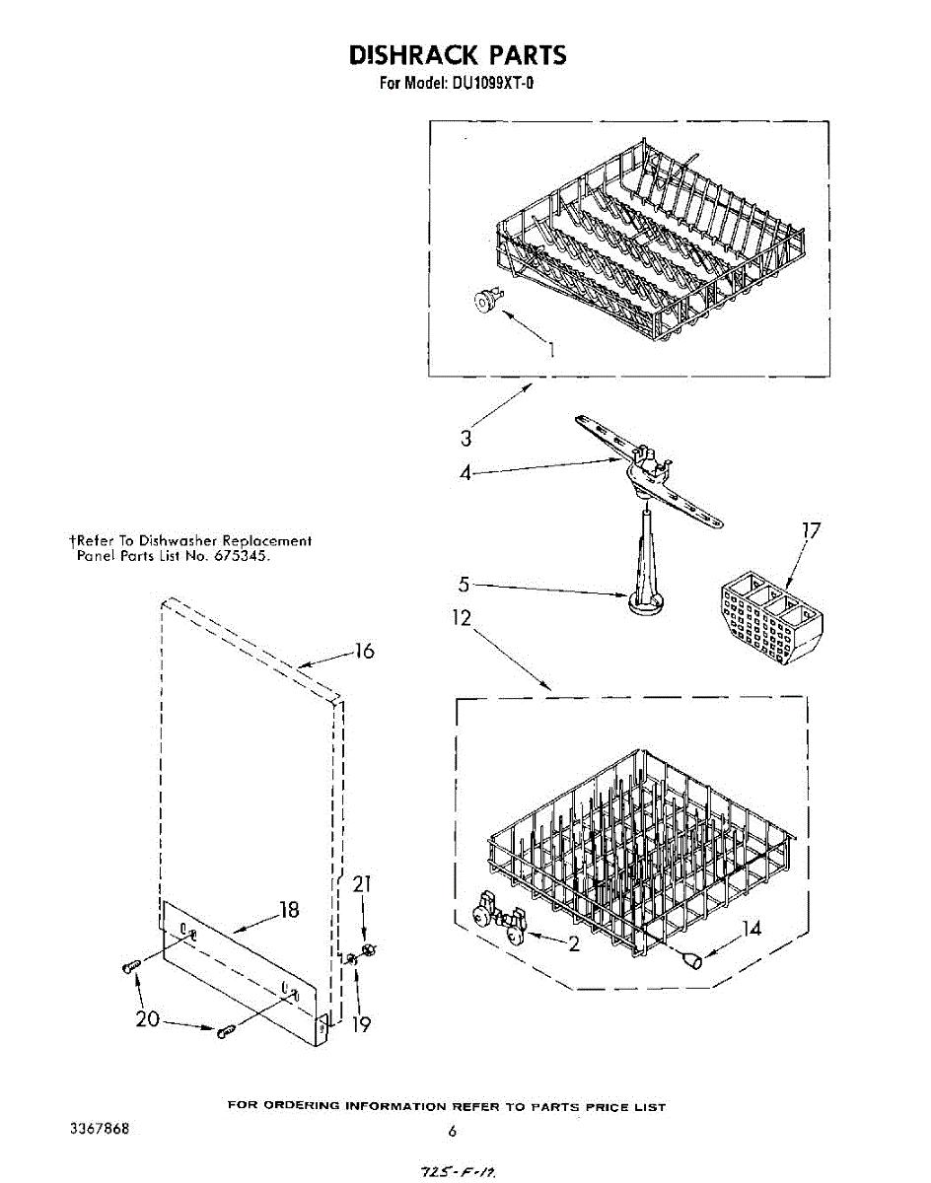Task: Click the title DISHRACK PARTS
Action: (x=458, y=54)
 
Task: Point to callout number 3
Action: (x=465, y=439)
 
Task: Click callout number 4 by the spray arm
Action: (x=465, y=473)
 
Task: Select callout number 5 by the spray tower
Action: (x=465, y=585)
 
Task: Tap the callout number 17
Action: (x=811, y=531)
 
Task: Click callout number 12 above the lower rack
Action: (x=462, y=618)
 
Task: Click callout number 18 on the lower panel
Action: (x=289, y=909)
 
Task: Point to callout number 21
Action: (x=362, y=884)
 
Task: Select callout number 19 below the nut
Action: (x=361, y=1024)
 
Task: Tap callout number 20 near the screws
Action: (x=147, y=1019)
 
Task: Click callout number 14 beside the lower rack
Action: (x=752, y=928)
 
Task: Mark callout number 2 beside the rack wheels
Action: (x=572, y=943)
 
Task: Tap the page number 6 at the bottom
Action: (x=452, y=1131)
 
